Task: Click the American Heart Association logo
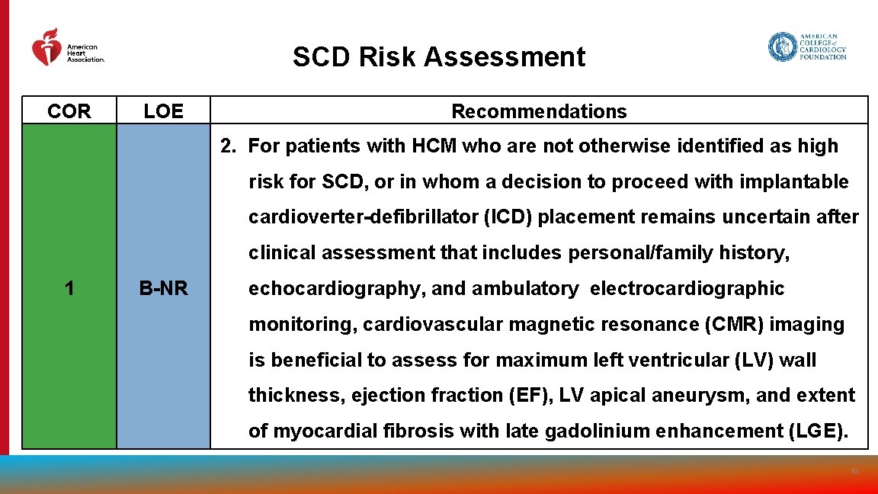(67, 48)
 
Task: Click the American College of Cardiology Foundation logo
(807, 47)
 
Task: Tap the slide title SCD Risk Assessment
(439, 57)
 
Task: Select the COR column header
(69, 111)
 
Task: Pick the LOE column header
(163, 111)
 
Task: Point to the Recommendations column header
(539, 111)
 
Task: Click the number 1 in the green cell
(69, 288)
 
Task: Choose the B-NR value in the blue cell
(163, 288)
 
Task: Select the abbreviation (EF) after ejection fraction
(532, 396)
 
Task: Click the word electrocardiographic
(687, 289)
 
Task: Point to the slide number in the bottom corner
(855, 472)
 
